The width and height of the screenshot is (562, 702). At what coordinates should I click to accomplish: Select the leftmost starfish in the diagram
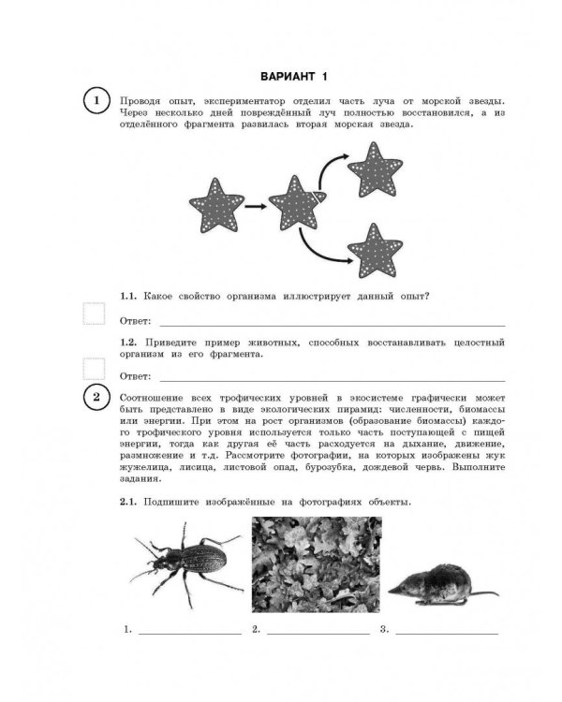(216, 202)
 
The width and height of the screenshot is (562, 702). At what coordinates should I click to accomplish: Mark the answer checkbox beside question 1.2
(93, 368)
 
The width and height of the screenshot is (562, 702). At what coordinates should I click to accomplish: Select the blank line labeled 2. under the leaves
(318, 633)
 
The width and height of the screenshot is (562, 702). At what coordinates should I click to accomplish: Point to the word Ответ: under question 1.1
(137, 322)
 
